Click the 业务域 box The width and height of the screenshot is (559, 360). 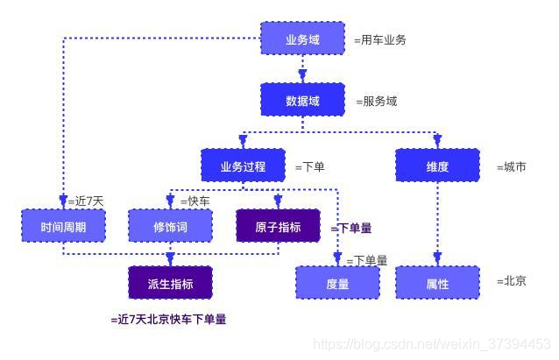(x=303, y=39)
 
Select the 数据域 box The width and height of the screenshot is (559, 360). (x=303, y=101)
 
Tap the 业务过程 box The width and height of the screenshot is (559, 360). (x=242, y=166)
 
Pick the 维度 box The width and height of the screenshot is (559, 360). (x=437, y=166)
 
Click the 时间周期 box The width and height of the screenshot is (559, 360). (x=63, y=227)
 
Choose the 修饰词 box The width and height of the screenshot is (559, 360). (x=170, y=227)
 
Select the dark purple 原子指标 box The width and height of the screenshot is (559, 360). (x=278, y=227)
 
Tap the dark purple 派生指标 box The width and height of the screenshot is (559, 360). (x=170, y=284)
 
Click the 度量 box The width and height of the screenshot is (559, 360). (x=337, y=284)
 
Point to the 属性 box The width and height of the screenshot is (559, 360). (x=437, y=284)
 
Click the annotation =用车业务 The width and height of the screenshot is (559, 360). (x=380, y=40)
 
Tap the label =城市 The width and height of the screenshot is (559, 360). (x=511, y=166)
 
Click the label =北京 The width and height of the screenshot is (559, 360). (x=511, y=281)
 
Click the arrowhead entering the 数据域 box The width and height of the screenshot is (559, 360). (x=303, y=76)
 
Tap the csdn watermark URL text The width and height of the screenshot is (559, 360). (x=432, y=345)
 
